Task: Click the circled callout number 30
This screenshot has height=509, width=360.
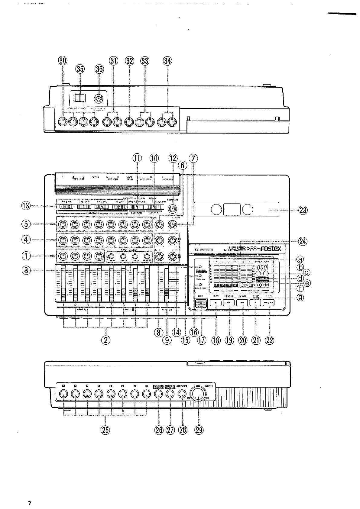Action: [63, 61]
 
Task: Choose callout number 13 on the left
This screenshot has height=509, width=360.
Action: [25, 206]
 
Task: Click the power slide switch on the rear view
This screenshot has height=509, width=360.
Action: [80, 98]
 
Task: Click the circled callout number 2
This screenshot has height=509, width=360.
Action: [105, 340]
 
